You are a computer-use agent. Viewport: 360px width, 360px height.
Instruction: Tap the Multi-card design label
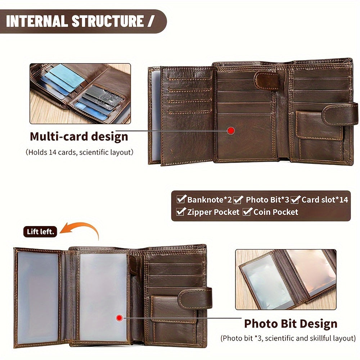click(x=79, y=137)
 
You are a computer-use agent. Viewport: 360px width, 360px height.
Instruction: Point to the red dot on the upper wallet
click(x=231, y=131)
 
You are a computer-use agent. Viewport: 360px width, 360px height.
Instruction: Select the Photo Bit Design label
click(x=291, y=324)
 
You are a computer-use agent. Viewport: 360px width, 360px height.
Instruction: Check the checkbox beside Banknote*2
click(x=181, y=199)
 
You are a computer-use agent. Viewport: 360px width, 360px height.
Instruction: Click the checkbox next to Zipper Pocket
click(x=181, y=212)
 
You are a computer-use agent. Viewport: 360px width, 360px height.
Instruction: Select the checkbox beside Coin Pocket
click(x=247, y=212)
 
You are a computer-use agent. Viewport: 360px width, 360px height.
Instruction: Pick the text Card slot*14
click(x=325, y=200)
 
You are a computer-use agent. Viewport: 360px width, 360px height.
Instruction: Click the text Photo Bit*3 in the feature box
click(x=267, y=200)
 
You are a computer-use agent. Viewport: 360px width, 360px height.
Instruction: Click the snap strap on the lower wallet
click(x=194, y=297)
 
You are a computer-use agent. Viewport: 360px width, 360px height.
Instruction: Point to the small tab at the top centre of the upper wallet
click(x=266, y=81)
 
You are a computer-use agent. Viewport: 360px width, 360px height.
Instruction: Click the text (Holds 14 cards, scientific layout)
click(x=80, y=152)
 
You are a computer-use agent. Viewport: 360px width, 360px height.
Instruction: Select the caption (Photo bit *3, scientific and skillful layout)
click(x=288, y=338)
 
